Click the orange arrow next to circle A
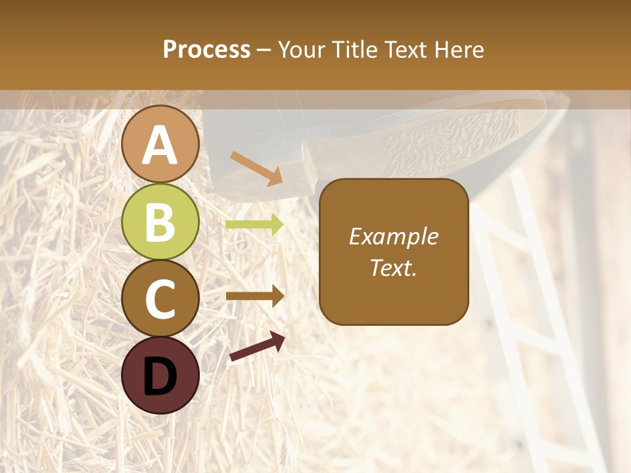coord(256,168)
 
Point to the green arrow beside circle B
coord(254,225)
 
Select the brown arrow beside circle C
coord(254,296)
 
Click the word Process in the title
coord(206,50)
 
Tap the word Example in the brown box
coord(394,236)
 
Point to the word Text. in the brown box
coord(394,267)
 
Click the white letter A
coord(160,145)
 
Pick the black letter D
coord(160,376)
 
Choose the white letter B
coord(160,222)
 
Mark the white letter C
coord(160,299)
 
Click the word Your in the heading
coord(302,50)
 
